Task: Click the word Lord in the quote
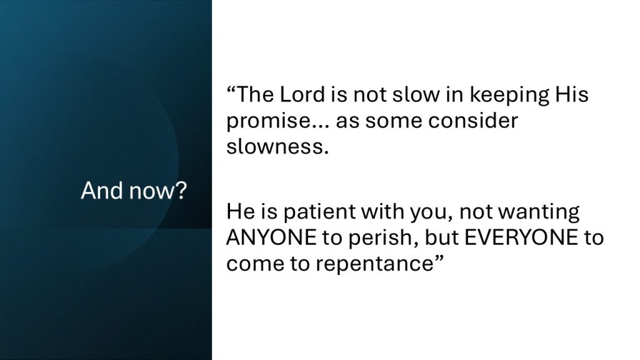(x=302, y=94)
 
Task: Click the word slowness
(x=277, y=146)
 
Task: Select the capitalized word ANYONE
(x=271, y=237)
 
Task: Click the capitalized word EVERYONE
(x=521, y=237)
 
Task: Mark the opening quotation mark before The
(x=231, y=89)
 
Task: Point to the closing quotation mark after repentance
(x=438, y=259)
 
